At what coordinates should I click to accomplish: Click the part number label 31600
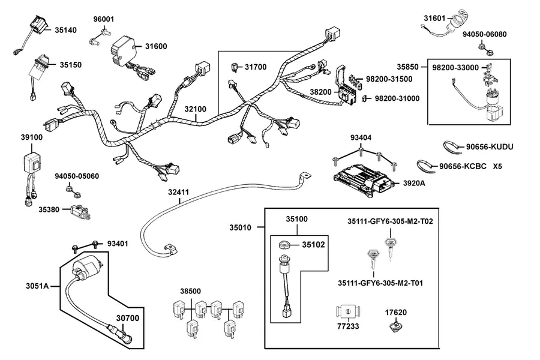click(x=155, y=46)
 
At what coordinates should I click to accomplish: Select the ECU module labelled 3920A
click(x=362, y=181)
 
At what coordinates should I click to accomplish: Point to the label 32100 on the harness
click(x=195, y=109)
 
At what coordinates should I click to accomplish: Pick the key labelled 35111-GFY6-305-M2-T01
click(x=373, y=260)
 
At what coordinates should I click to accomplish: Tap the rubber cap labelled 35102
click(x=284, y=245)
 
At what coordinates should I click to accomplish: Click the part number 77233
click(x=348, y=326)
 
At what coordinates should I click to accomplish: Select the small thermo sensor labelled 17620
click(x=395, y=326)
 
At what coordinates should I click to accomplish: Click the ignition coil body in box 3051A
click(x=86, y=267)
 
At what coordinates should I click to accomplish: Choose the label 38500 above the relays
click(x=190, y=292)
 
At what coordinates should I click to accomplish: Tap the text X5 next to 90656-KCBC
click(x=497, y=166)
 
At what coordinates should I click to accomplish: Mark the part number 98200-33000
click(x=455, y=68)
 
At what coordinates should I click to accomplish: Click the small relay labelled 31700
click(x=235, y=67)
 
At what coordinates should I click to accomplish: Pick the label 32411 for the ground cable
click(x=178, y=192)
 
